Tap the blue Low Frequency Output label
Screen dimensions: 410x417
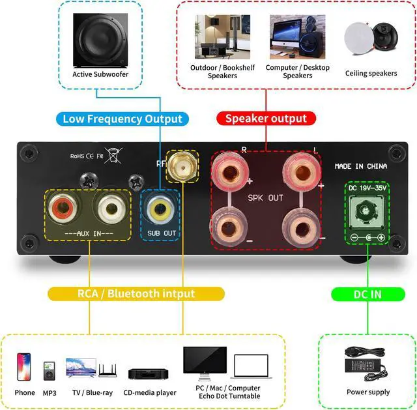(122, 119)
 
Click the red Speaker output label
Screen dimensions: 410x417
(266, 119)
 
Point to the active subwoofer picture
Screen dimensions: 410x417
(100, 40)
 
